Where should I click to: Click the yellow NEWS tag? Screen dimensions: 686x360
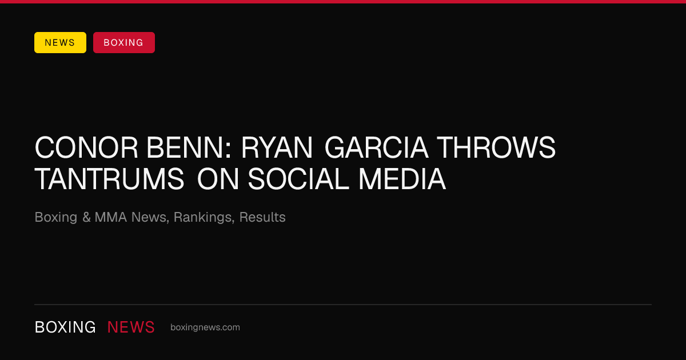tap(61, 42)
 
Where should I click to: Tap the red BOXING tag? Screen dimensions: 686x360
tap(124, 42)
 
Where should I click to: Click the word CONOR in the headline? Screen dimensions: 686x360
tap(86, 148)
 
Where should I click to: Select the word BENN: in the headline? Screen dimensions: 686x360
tap(189, 148)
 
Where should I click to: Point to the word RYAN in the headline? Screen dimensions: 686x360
tap(277, 148)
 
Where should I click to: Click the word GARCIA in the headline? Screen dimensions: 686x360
tap(376, 148)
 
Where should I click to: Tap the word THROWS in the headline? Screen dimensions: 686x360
tap(496, 148)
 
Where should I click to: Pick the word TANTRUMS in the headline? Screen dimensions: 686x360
tap(109, 179)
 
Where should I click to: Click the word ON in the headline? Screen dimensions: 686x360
tap(218, 179)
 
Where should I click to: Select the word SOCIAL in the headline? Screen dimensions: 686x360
tap(298, 179)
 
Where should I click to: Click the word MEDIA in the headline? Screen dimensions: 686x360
tap(402, 179)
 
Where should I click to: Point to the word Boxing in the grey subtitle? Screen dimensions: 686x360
tap(56, 218)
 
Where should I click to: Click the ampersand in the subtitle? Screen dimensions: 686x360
tap(86, 217)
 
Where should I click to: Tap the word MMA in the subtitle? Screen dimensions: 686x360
tap(111, 217)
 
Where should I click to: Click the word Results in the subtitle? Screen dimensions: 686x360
tap(262, 217)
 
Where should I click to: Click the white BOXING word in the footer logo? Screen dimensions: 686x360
tap(65, 327)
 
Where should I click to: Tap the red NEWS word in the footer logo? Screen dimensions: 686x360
tap(131, 327)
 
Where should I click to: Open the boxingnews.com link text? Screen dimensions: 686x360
tap(205, 327)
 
